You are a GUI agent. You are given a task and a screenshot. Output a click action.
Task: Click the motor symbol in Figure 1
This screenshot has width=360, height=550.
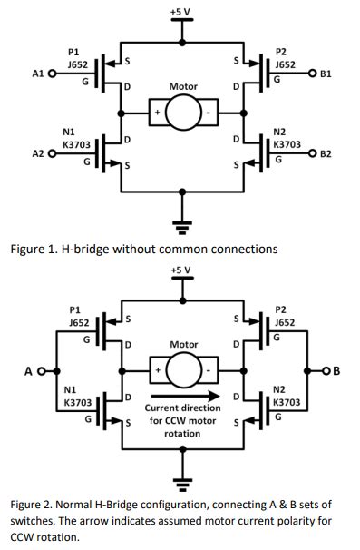(183, 114)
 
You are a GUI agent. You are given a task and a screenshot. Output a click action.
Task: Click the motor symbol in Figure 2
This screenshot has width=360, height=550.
(183, 371)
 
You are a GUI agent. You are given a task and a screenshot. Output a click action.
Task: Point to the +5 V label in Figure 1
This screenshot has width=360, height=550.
(181, 11)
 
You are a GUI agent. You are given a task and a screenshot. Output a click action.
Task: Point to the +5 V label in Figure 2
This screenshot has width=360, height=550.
(181, 270)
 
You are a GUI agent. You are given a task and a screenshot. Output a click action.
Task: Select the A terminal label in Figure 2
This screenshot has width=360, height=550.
(29, 370)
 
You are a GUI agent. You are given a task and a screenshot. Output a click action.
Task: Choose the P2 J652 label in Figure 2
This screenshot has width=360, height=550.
(287, 316)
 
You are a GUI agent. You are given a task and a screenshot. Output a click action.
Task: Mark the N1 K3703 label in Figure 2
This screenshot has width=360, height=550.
(77, 397)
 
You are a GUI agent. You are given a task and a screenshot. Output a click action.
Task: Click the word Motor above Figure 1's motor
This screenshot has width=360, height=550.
(183, 87)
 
